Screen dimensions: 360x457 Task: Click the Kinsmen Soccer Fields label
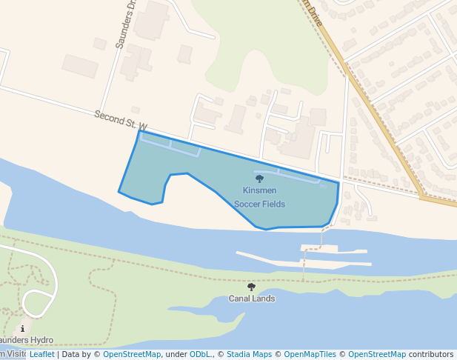(259, 197)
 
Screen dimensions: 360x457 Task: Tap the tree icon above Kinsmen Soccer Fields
(259, 179)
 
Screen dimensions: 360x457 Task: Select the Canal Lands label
(251, 299)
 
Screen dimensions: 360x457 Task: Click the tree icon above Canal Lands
(251, 287)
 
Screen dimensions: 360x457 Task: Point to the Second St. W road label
(121, 121)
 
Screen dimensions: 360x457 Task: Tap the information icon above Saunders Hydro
(23, 328)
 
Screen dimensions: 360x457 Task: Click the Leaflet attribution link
(41, 354)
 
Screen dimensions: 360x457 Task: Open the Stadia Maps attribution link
(249, 354)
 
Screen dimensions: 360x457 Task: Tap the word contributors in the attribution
(431, 354)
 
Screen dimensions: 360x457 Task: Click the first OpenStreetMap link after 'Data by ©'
(132, 354)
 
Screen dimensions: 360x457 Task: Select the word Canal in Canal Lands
(240, 299)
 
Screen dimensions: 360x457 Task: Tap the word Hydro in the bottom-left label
(41, 340)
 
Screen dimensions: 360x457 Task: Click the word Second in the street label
(108, 117)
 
